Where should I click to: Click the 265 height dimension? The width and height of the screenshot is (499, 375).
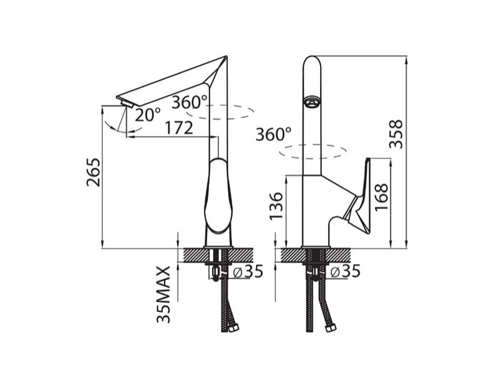[93, 172]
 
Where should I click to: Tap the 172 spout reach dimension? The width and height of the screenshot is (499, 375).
[179, 128]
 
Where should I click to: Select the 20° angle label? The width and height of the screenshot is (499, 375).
[148, 115]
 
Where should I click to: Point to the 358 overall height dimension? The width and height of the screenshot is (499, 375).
[396, 134]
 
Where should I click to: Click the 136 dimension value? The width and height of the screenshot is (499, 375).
[276, 206]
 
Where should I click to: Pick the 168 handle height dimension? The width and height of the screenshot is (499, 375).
[381, 197]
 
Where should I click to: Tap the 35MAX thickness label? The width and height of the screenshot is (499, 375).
[164, 295]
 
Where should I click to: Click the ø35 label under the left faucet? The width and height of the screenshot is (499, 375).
[248, 271]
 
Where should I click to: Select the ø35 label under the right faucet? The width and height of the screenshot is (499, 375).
[345, 271]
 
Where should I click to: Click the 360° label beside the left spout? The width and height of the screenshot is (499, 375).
[190, 102]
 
